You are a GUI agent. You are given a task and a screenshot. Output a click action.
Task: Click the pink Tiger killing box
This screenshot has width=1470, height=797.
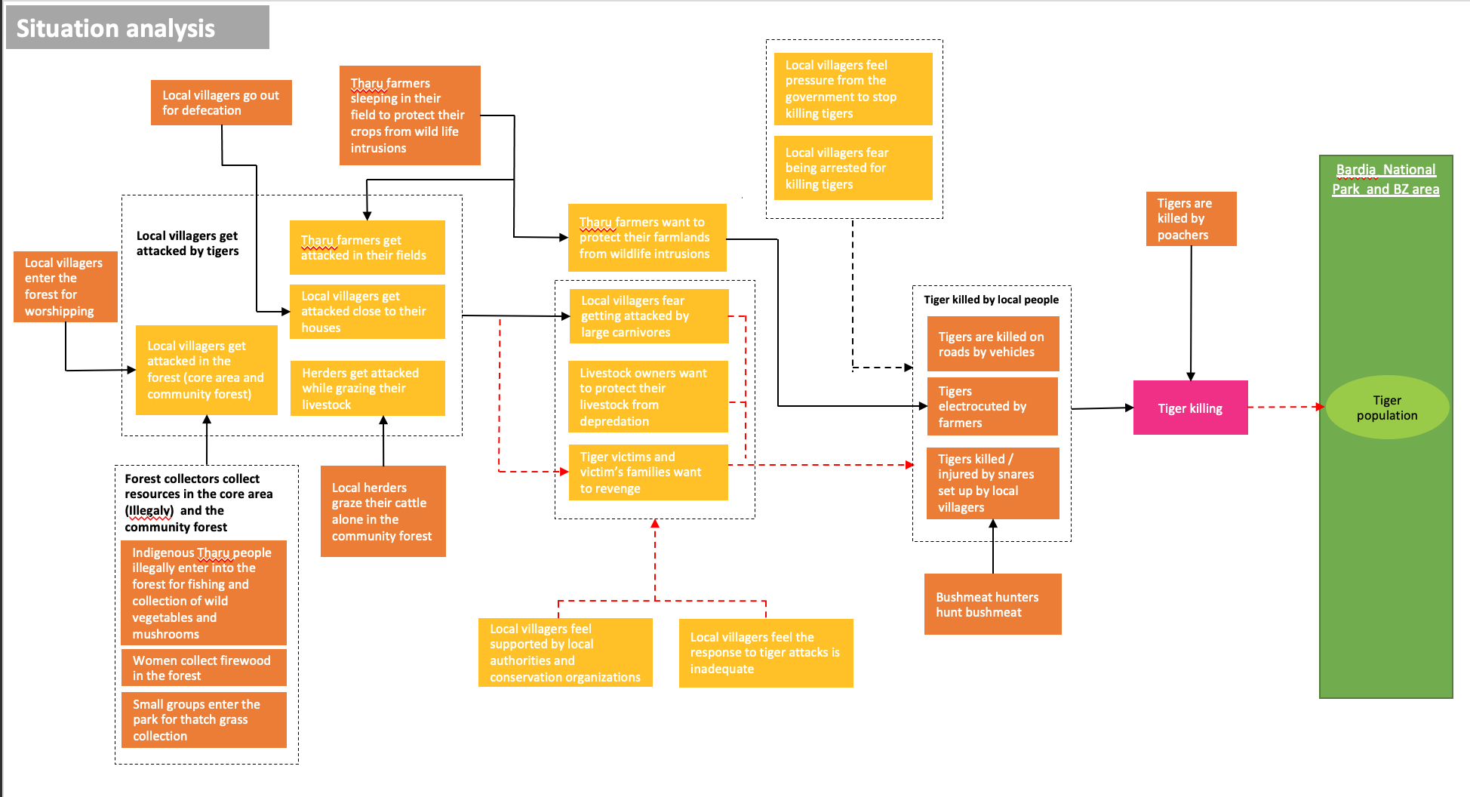(x=1190, y=408)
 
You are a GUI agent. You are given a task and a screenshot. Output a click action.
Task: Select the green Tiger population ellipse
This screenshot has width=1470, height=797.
(x=1386, y=408)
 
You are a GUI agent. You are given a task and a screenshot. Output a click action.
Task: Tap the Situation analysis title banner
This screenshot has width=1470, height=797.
(x=137, y=28)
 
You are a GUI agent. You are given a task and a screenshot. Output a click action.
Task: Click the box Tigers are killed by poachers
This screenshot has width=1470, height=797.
(x=1191, y=219)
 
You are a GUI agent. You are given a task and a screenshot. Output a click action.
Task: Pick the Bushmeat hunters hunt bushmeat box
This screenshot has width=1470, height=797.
(x=992, y=604)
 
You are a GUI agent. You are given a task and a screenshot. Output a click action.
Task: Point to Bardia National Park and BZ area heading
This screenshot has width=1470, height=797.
(x=1385, y=180)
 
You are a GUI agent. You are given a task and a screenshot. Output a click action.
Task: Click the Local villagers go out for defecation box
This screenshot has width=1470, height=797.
(x=221, y=103)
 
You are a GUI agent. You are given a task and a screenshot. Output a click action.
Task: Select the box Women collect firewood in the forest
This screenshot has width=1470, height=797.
(x=204, y=667)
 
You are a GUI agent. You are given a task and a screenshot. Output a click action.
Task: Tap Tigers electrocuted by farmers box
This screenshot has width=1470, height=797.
(x=992, y=407)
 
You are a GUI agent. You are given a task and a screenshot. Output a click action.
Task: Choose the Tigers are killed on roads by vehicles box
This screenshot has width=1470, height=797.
(x=992, y=344)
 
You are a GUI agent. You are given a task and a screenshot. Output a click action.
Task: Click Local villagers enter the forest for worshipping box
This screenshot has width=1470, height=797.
(x=65, y=287)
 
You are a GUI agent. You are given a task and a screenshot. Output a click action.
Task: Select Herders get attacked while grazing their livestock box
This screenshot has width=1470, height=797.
(x=367, y=388)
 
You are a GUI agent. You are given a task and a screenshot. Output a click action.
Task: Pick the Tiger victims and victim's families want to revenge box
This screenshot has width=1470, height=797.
(x=648, y=472)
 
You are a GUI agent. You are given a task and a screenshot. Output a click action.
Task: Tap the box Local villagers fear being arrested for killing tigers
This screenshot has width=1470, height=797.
(x=853, y=168)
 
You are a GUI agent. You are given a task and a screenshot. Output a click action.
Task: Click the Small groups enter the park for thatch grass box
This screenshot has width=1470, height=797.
(x=204, y=720)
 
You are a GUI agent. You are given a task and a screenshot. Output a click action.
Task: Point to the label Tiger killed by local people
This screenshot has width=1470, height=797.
(x=991, y=300)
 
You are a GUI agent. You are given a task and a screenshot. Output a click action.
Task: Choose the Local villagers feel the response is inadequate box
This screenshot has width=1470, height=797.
(x=766, y=653)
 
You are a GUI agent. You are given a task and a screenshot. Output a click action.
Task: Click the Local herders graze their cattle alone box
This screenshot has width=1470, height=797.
(x=383, y=511)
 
